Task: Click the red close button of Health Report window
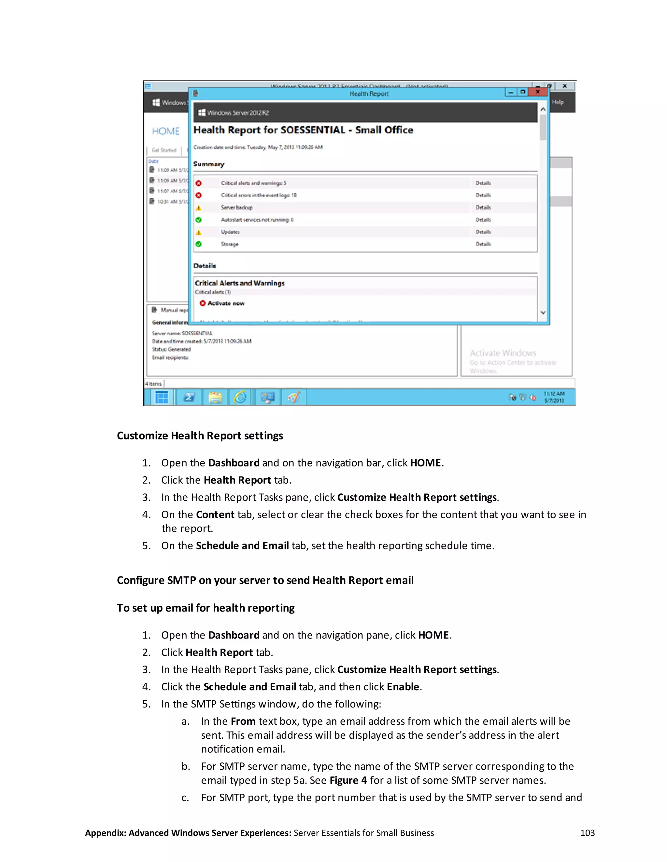tap(537, 92)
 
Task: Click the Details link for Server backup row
tap(483, 208)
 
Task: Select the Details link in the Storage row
tap(483, 244)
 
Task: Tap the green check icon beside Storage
tap(199, 244)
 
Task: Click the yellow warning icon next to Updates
tap(199, 232)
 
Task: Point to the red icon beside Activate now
tap(203, 303)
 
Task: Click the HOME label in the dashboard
tap(165, 131)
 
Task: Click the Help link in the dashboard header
tap(558, 102)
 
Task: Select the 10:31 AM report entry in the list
tap(168, 202)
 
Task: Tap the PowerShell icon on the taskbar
tap(189, 397)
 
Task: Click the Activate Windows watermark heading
tap(503, 353)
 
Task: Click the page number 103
tap(587, 833)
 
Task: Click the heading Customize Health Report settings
tap(200, 436)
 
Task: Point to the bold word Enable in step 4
tap(403, 687)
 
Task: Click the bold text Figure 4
tap(348, 780)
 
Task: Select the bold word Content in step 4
tap(215, 515)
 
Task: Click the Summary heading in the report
tap(209, 164)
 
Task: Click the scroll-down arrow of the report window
tap(543, 313)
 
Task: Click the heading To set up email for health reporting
tap(206, 608)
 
